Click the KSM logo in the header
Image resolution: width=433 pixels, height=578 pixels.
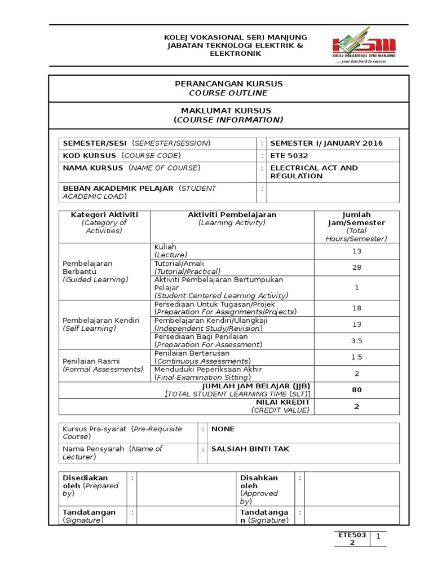[364, 47]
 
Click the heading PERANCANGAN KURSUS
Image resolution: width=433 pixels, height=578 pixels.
[228, 84]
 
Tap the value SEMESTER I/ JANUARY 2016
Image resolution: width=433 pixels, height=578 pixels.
[326, 143]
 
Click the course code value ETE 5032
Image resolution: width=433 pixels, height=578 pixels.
[289, 155]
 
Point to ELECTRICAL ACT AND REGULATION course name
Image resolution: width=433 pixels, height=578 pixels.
[313, 172]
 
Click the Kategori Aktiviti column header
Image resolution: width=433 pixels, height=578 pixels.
[104, 215]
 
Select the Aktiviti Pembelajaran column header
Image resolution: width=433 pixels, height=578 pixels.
[232, 215]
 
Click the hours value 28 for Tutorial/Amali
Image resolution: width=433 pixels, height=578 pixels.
[356, 268]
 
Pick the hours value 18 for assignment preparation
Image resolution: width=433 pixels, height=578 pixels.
[356, 308]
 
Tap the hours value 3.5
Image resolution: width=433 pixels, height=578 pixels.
[356, 341]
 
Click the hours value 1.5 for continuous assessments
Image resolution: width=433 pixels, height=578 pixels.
[356, 357]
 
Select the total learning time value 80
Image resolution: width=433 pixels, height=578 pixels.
[356, 390]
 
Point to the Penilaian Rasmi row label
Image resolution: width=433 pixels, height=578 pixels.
[91, 361]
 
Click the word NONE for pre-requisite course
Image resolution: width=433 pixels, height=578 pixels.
[223, 429]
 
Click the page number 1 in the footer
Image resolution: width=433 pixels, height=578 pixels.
[379, 537]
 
